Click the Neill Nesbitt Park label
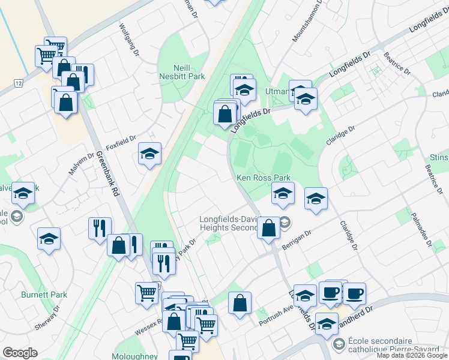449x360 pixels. click(x=181, y=72)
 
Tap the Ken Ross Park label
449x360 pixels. click(x=263, y=178)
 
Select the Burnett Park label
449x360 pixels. click(x=44, y=295)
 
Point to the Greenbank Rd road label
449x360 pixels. click(x=106, y=175)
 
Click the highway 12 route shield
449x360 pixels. click(x=19, y=82)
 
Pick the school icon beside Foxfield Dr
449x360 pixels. click(x=149, y=155)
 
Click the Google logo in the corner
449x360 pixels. click(x=20, y=353)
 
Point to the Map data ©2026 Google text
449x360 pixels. click(x=412, y=355)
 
